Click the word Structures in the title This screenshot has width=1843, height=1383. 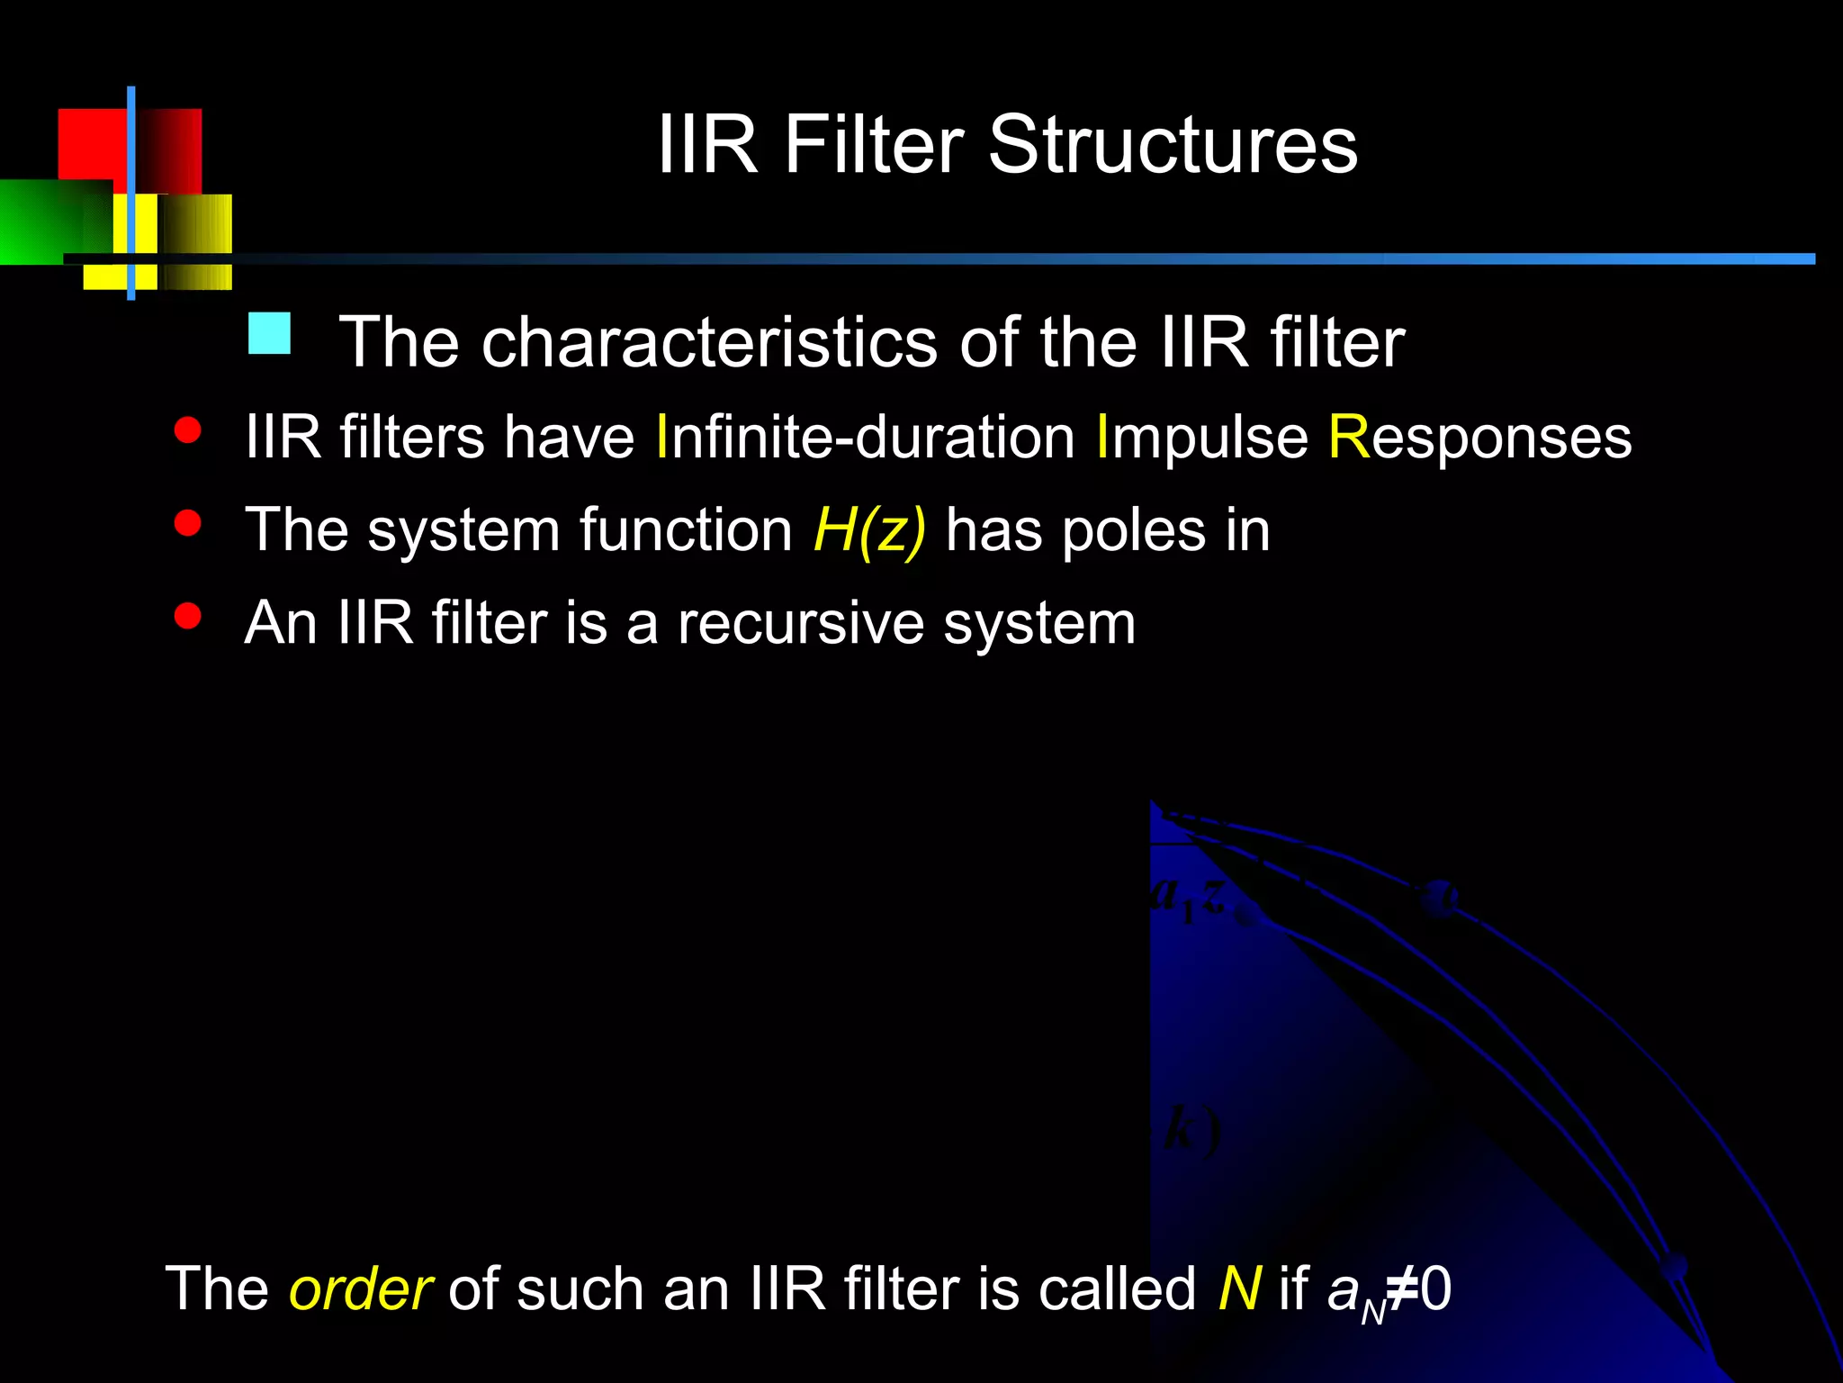point(1173,145)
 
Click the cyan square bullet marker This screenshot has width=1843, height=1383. point(269,333)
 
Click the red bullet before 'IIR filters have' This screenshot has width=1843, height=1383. point(187,430)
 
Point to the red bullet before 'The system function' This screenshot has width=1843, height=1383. point(187,523)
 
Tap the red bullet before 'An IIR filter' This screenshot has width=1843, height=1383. point(187,616)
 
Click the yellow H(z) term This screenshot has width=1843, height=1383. point(869,530)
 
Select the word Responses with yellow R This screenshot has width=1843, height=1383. point(1479,438)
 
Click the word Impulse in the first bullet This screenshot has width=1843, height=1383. point(1201,438)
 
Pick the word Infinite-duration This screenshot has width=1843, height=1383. point(865,438)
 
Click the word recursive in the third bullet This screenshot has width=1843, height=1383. point(800,623)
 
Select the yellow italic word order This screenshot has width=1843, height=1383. point(360,1289)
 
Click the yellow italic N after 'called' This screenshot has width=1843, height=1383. point(1239,1288)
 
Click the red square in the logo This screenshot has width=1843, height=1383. point(90,144)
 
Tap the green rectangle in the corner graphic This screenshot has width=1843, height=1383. point(45,221)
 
